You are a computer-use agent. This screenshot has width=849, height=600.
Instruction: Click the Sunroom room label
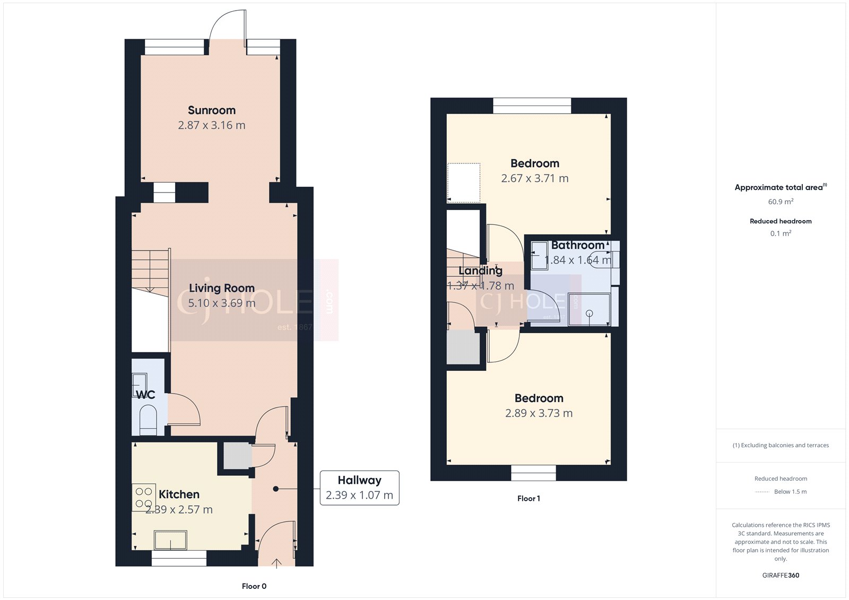tap(212, 110)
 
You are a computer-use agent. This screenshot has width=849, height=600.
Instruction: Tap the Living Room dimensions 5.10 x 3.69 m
tap(222, 303)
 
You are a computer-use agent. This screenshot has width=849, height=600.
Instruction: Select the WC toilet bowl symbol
tap(148, 420)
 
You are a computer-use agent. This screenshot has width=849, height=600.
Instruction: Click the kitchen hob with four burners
tap(144, 497)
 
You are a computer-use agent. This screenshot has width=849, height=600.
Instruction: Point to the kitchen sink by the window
tap(170, 540)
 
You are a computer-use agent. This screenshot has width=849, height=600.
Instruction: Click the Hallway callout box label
tap(359, 480)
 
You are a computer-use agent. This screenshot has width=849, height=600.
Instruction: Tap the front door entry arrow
tap(276, 563)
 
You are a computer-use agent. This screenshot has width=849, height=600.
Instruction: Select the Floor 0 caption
tap(254, 586)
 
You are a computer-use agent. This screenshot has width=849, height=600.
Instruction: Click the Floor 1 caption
tap(529, 499)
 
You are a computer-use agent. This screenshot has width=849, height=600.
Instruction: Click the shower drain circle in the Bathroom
tap(589, 314)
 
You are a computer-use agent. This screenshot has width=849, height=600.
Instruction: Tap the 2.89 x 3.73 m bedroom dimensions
tap(539, 413)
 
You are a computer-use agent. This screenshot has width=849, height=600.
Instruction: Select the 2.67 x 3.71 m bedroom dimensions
tap(534, 178)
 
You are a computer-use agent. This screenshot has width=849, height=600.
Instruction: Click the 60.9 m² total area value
tap(781, 201)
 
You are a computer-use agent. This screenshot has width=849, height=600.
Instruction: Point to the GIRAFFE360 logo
tap(781, 575)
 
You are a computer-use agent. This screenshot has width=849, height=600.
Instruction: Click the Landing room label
tap(480, 271)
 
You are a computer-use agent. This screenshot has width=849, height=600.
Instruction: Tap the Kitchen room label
tap(179, 494)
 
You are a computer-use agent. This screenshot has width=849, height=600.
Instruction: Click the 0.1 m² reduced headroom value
tap(781, 233)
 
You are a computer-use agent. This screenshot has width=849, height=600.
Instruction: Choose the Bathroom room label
tap(578, 245)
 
